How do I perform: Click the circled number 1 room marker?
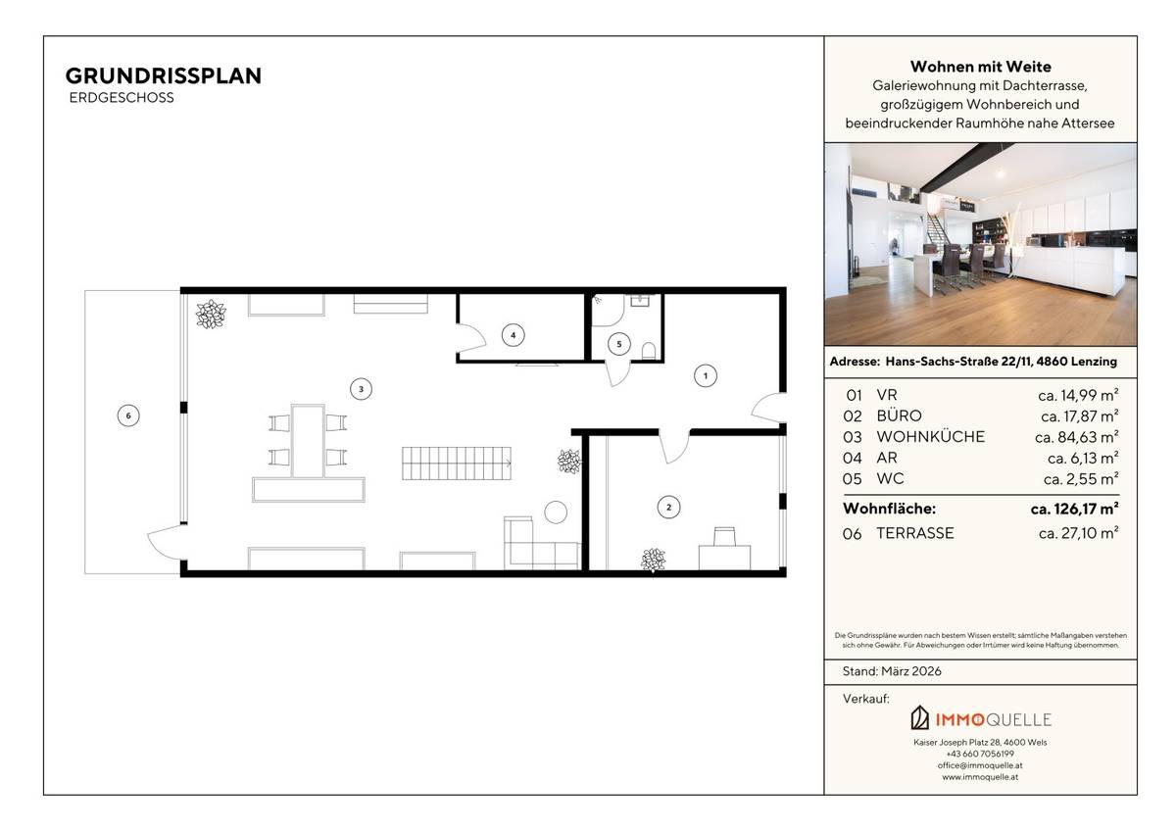[703, 374]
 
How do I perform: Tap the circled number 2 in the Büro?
[668, 507]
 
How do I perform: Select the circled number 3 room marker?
[361, 389]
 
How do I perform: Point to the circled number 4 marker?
[512, 335]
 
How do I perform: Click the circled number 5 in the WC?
[617, 343]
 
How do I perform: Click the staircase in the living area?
[457, 462]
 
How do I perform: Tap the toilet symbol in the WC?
[648, 349]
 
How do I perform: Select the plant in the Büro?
[654, 560]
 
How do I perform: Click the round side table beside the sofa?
[557, 512]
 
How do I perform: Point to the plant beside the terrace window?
[211, 315]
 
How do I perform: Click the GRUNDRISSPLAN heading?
[163, 76]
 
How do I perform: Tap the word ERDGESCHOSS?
[122, 98]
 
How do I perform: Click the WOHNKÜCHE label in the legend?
[930, 437]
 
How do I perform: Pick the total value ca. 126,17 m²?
[1074, 509]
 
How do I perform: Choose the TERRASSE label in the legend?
[914, 533]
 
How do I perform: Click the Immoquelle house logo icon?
[920, 718]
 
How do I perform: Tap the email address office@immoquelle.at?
[980, 765]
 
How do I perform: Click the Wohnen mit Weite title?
[980, 67]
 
